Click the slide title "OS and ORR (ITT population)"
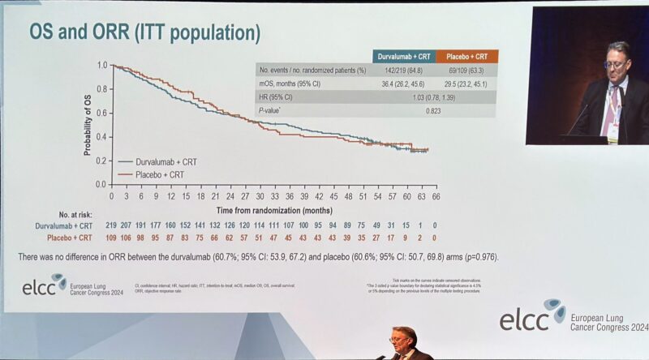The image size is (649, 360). pos(144,32)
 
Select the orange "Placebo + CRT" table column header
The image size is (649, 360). pos(466,57)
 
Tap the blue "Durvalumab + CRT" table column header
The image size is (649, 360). pos(404,57)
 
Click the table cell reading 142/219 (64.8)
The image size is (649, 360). pos(404,71)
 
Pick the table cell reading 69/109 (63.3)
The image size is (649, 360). pos(466,71)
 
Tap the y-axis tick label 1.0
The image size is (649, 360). pos(102,65)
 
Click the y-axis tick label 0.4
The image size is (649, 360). pos(102,136)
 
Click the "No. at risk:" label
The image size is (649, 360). pos(69,214)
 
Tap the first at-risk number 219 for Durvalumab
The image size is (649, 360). pos(112,225)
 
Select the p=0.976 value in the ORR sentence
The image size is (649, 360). pos(477,257)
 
